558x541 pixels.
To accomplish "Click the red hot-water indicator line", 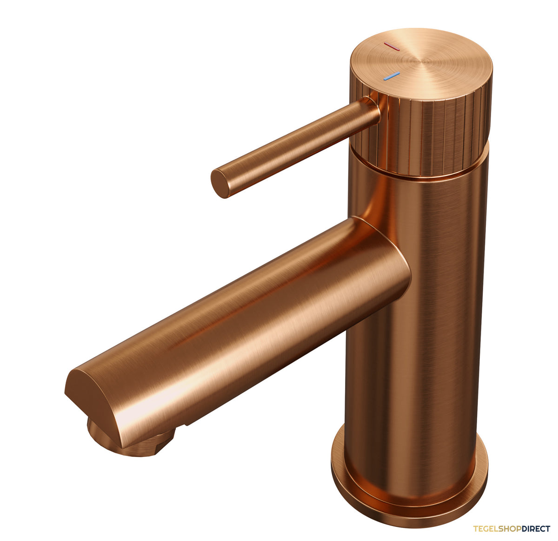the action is point(392,46).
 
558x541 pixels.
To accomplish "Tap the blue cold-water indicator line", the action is point(392,76).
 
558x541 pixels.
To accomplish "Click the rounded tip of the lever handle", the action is point(220,183).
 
